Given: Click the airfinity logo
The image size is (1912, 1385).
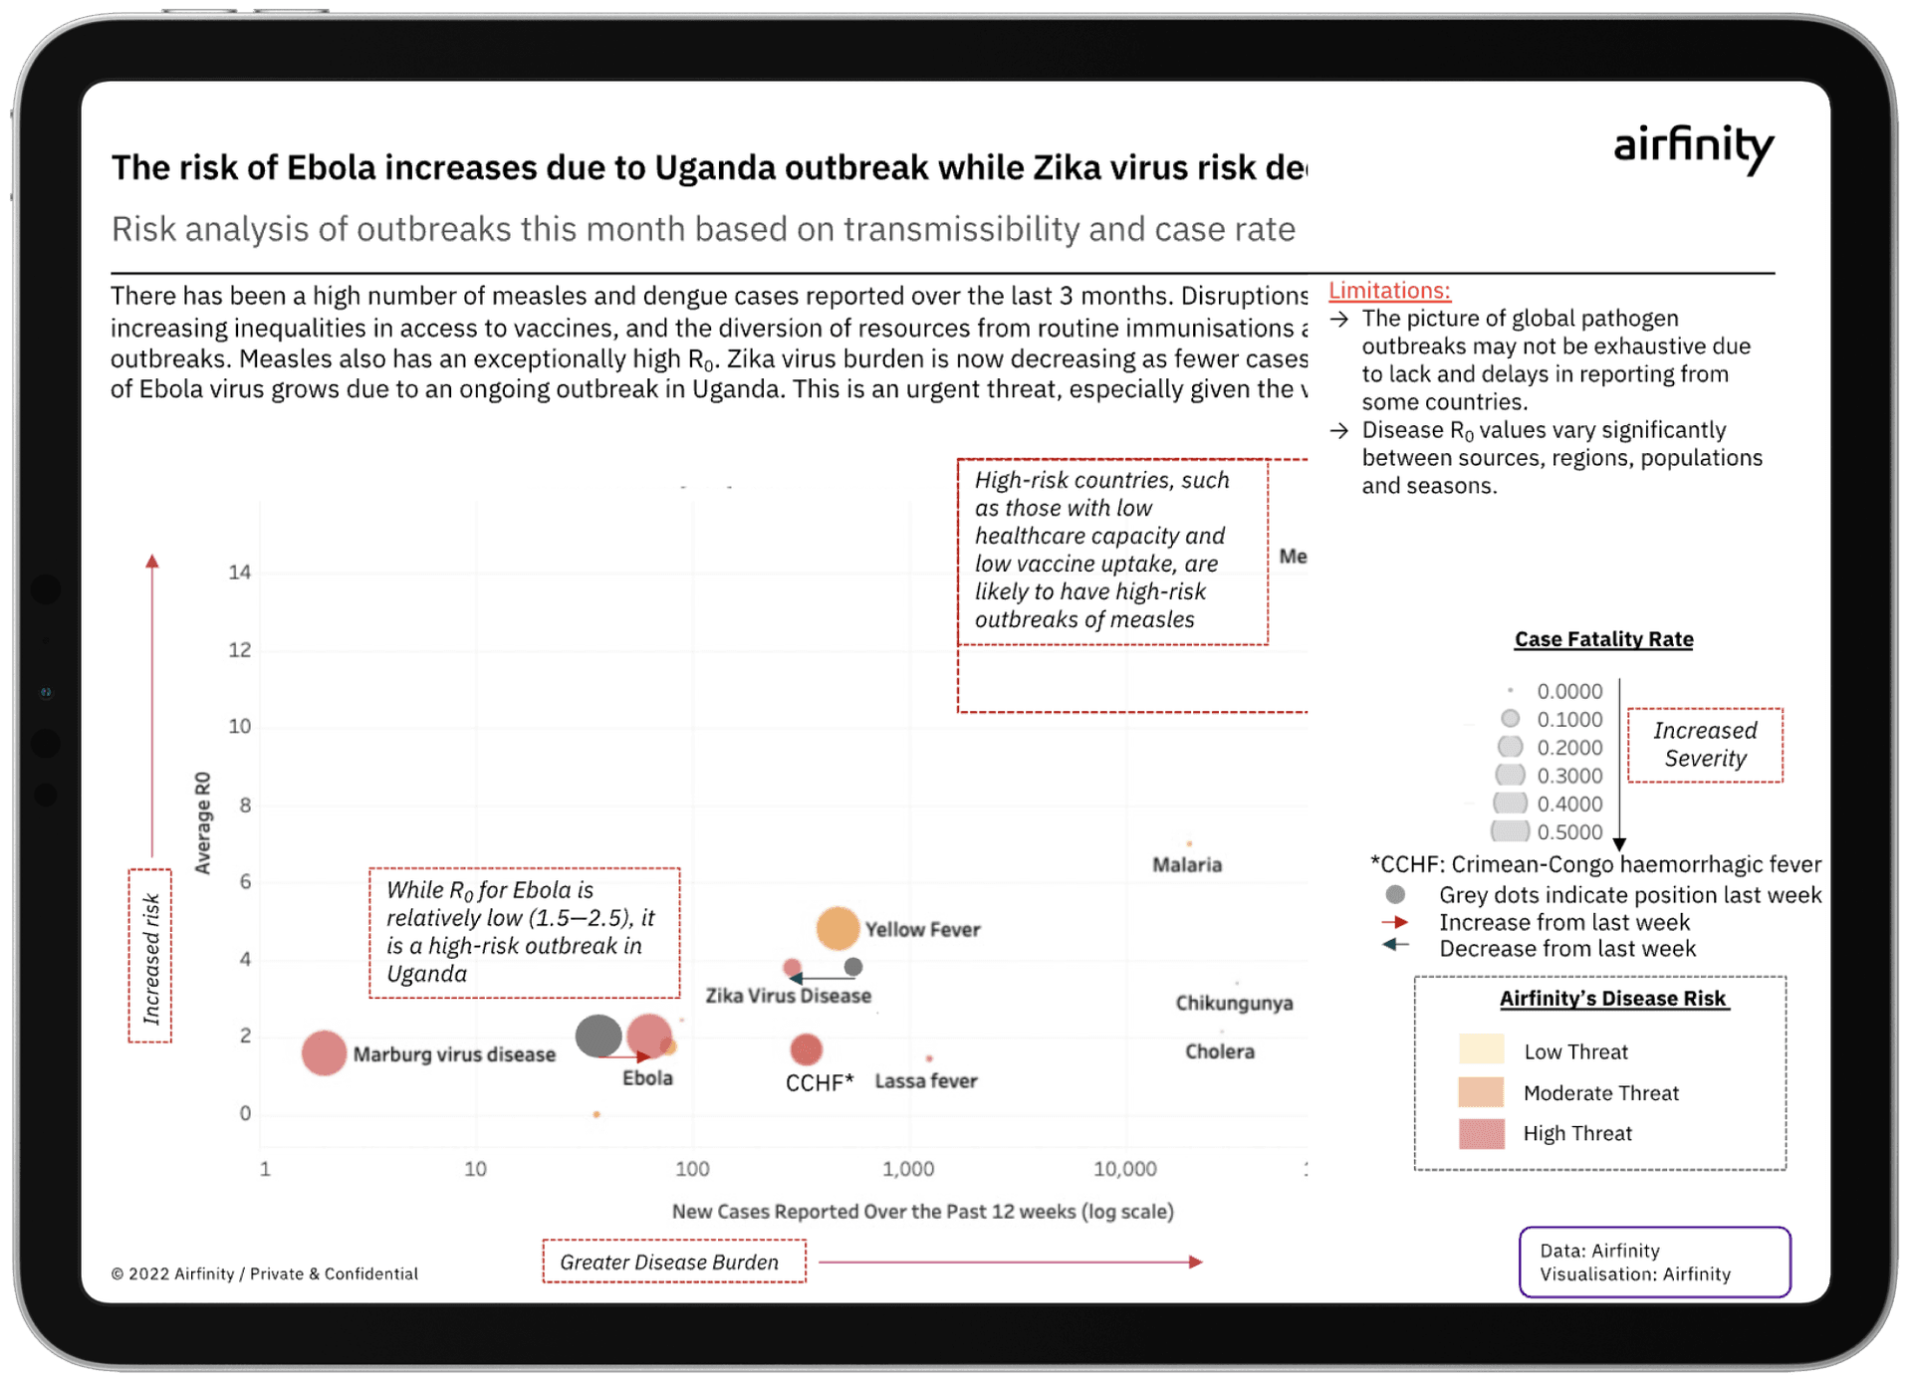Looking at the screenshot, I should (1693, 147).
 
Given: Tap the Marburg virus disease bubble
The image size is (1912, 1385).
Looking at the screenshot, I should (324, 1052).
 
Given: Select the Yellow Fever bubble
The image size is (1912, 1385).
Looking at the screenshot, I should (837, 928).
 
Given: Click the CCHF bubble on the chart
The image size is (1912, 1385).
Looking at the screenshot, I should (806, 1048).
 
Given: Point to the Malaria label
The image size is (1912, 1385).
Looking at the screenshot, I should (1187, 864).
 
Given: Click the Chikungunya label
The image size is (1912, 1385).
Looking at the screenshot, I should (1234, 1003).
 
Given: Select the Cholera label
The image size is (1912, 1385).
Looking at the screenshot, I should (1220, 1051).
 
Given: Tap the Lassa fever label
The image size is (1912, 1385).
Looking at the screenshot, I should (926, 1080).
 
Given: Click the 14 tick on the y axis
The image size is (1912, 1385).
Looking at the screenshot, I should (239, 573).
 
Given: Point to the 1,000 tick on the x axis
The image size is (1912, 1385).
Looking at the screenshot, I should (908, 1169).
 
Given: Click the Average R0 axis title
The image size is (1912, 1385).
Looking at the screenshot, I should (203, 822).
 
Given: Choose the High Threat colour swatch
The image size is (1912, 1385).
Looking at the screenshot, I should (1481, 1133).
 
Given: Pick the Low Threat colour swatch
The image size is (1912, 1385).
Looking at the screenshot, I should (1481, 1050).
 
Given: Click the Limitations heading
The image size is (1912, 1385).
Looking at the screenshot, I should (1389, 291).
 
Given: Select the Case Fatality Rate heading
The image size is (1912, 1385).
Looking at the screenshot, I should (1603, 639).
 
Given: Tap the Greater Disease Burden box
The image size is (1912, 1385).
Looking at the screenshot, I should (673, 1262).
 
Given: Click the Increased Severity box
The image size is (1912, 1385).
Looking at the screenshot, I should (1705, 745).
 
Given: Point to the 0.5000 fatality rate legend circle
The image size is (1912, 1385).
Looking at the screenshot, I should (1510, 831).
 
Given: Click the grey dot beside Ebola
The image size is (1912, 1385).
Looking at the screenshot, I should (598, 1036).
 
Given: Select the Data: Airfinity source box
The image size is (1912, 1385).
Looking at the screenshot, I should (1654, 1262).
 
